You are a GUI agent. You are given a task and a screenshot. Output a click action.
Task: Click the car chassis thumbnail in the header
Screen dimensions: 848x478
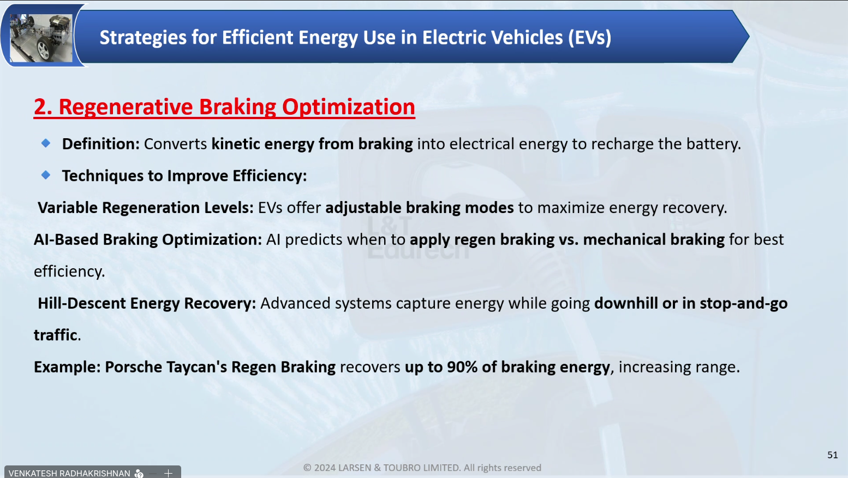pyautogui.click(x=41, y=38)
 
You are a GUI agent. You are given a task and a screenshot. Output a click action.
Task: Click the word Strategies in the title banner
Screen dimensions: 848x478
pyautogui.click(x=143, y=38)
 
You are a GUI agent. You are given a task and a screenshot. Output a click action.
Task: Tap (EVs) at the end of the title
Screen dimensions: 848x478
pyautogui.click(x=589, y=38)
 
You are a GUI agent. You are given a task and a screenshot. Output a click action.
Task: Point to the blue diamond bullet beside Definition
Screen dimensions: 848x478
pyautogui.click(x=46, y=143)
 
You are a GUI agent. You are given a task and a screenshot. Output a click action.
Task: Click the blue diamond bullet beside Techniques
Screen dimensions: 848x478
pyautogui.click(x=46, y=175)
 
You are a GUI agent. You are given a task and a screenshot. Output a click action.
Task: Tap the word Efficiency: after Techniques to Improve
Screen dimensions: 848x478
pyautogui.click(x=269, y=176)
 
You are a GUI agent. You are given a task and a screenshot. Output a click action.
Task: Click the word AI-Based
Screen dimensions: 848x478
pyautogui.click(x=66, y=240)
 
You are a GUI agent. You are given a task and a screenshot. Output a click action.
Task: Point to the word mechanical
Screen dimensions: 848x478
pyautogui.click(x=624, y=240)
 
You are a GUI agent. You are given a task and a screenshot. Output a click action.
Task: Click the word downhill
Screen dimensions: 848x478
pyautogui.click(x=626, y=303)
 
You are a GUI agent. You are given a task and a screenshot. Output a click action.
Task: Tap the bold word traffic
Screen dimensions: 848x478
pyautogui.click(x=55, y=335)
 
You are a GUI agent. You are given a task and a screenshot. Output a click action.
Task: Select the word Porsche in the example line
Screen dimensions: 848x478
pyautogui.click(x=133, y=367)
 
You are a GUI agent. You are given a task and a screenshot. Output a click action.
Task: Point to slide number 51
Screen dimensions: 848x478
pyautogui.click(x=833, y=455)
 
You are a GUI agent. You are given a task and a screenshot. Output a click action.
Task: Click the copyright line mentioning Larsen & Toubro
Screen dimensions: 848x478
pyautogui.click(x=422, y=468)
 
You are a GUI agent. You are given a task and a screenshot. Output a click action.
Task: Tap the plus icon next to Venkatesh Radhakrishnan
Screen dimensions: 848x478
pyautogui.click(x=169, y=473)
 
